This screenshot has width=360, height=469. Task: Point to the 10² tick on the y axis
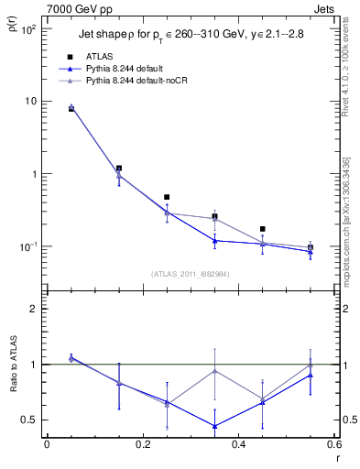pyautogui.click(x=27, y=29)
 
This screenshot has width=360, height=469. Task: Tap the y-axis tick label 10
pyautogui.click(x=29, y=102)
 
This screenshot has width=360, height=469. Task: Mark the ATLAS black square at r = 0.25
pyautogui.click(x=167, y=197)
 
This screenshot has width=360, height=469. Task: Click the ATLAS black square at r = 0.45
pyautogui.click(x=263, y=229)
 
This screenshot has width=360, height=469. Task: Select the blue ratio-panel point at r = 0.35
pyautogui.click(x=214, y=426)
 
